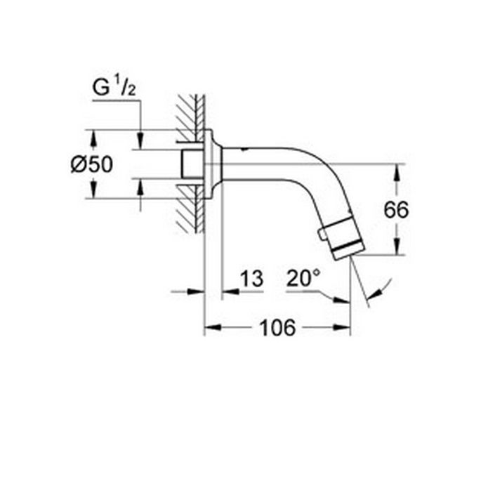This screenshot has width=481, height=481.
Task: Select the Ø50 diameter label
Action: click(91, 164)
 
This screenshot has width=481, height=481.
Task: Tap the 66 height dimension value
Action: click(396, 209)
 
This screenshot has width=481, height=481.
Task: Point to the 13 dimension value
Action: click(251, 279)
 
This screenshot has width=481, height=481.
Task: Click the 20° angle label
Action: click(303, 279)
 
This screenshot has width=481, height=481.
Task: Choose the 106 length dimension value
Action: click(277, 327)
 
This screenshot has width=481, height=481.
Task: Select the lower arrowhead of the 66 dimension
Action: click(397, 248)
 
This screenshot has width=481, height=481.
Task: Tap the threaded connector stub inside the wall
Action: click(190, 164)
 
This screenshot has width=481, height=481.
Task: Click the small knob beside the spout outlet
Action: click(322, 232)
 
